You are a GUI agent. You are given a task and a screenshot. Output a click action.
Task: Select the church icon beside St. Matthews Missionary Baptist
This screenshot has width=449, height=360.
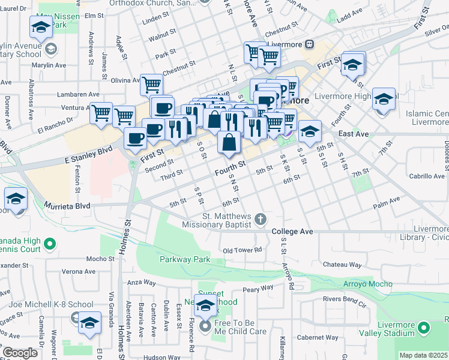[261, 219]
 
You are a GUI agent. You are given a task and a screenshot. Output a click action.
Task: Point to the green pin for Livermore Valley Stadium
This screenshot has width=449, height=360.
[424, 328]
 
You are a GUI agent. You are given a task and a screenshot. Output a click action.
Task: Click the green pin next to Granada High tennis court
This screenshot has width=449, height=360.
[50, 244]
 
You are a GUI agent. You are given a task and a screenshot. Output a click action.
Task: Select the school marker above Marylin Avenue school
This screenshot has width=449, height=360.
[41, 27]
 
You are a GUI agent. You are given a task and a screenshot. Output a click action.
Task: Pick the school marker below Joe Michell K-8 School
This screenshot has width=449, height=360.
[89, 322]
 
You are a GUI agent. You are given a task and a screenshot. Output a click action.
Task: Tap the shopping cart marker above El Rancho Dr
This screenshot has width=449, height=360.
[101, 112]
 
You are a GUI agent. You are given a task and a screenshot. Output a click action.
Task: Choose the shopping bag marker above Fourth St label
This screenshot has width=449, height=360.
[229, 143]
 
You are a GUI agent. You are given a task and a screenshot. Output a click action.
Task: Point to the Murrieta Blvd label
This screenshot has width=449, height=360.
[67, 206]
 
